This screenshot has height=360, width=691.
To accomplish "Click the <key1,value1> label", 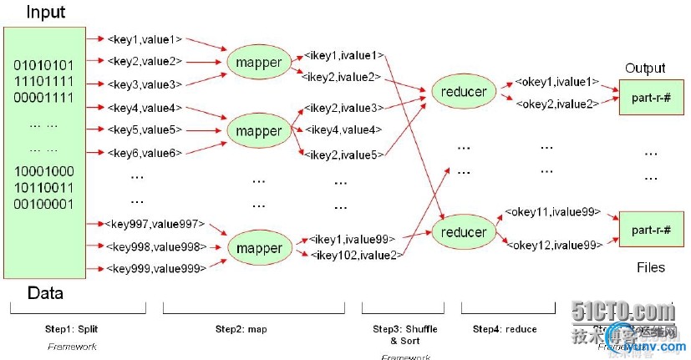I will click(x=145, y=38).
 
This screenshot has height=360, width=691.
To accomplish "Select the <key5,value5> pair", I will click(x=145, y=130).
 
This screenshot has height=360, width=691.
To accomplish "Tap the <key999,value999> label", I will click(x=155, y=268).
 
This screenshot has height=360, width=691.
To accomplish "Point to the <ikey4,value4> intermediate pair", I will click(x=343, y=130).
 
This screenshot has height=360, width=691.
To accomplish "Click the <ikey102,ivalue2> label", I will click(x=355, y=254).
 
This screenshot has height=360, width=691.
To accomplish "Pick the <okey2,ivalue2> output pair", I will click(x=556, y=104).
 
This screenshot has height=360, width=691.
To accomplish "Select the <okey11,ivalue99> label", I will click(x=552, y=213).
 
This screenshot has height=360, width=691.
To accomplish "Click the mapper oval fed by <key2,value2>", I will click(x=258, y=62).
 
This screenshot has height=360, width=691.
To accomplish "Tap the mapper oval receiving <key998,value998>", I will click(x=259, y=248).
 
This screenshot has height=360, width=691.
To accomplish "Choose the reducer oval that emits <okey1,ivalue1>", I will click(x=463, y=92).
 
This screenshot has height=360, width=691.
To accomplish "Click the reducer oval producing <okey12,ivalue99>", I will click(x=464, y=231).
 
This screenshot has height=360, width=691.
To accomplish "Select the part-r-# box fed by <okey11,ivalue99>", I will click(x=645, y=230).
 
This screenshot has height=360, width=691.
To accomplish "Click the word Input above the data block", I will click(x=46, y=12).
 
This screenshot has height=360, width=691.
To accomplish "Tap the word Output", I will click(x=645, y=68).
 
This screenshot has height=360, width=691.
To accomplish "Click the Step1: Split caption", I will click(x=70, y=329).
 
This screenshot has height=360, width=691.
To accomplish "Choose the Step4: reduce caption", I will click(x=504, y=329).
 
